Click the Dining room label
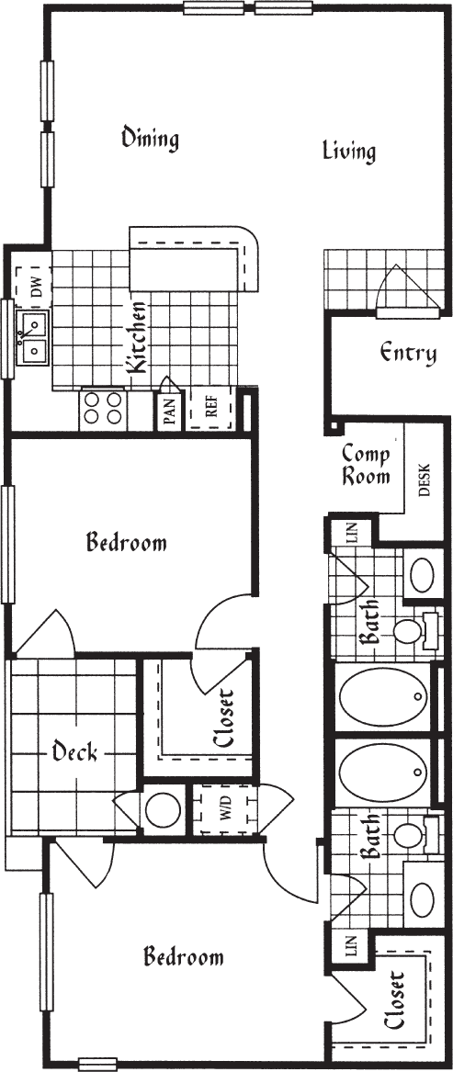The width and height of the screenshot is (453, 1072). point(150,139)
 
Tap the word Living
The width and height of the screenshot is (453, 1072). point(349,152)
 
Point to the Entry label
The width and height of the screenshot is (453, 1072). point(407,353)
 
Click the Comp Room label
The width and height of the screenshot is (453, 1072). point(366,465)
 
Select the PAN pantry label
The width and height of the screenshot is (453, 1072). point(169,412)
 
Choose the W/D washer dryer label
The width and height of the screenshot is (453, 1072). point(223,811)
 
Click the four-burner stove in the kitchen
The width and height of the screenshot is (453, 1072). point(103,408)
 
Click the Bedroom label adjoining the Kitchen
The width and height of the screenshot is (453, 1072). point(127,542)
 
